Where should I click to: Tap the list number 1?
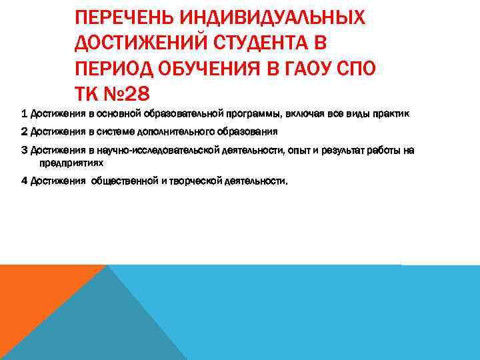pyautogui.click(x=25, y=114)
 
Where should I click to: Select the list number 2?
pyautogui.click(x=25, y=131)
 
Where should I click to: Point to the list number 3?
pyautogui.click(x=25, y=150)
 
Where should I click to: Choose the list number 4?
pyautogui.click(x=25, y=180)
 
